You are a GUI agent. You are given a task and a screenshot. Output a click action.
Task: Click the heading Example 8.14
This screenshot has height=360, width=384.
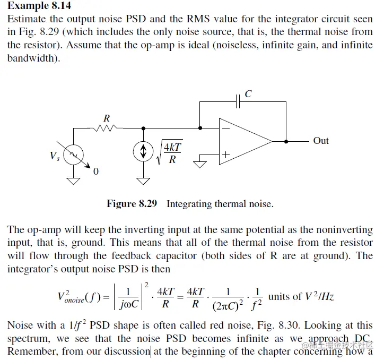click(39, 6)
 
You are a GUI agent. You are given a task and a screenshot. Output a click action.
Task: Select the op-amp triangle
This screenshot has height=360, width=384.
click(244, 141)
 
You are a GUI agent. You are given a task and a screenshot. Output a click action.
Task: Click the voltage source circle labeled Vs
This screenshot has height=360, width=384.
click(73, 154)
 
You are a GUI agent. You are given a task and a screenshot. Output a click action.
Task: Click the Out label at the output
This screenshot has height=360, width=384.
click(321, 141)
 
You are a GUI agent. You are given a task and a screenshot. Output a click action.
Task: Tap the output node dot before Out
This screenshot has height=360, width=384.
click(286, 141)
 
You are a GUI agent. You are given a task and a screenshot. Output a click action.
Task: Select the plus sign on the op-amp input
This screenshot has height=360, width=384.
click(225, 155)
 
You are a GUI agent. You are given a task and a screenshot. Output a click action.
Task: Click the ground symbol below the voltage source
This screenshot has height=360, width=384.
click(73, 181)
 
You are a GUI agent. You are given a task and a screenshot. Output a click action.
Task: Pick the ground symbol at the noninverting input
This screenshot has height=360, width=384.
click(199, 162)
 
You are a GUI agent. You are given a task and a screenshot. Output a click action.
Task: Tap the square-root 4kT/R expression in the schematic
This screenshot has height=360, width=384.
click(169, 153)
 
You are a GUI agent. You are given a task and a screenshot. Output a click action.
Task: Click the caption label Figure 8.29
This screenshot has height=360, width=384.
click(132, 204)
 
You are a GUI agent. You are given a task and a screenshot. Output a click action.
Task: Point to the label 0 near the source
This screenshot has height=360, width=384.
click(95, 172)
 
